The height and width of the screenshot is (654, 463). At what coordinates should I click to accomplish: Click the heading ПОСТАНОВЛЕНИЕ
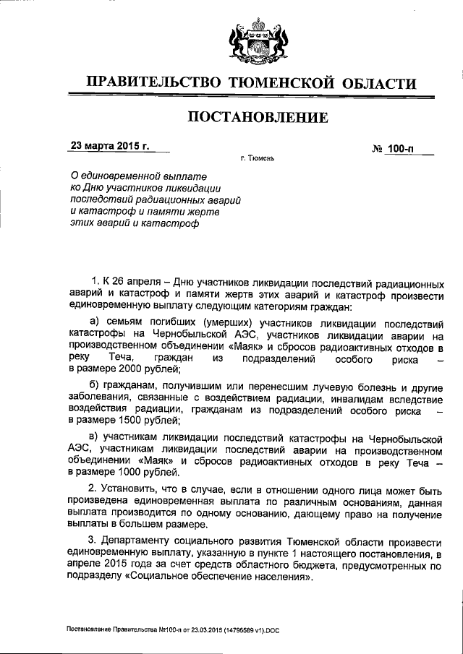pos(252,116)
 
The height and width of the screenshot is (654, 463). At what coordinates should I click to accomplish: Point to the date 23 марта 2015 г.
pos(110,145)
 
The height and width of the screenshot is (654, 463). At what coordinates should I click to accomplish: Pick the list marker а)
pos(94,321)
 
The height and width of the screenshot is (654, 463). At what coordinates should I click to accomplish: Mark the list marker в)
pos(94,439)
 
